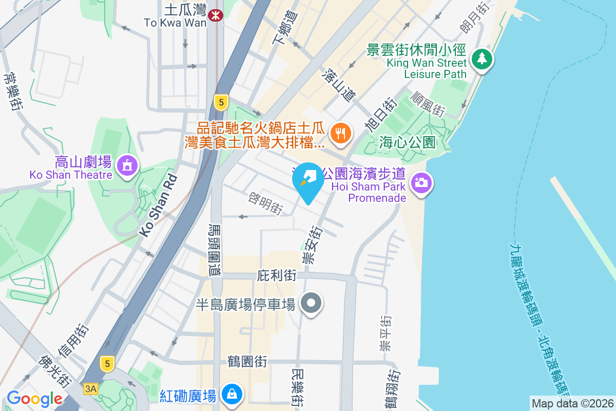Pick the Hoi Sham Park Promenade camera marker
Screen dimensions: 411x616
(421, 182)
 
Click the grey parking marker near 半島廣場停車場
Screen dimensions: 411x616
(311, 303)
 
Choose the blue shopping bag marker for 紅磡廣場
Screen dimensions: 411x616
(232, 395)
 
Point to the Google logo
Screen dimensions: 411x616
(34, 398)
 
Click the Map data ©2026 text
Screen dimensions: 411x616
(572, 403)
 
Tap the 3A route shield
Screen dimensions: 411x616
(91, 389)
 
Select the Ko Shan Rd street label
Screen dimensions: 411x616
(158, 206)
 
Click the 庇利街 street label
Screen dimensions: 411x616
(276, 275)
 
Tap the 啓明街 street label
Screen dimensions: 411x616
(265, 203)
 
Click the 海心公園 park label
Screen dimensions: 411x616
(408, 142)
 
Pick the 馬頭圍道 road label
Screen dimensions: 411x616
(215, 250)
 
